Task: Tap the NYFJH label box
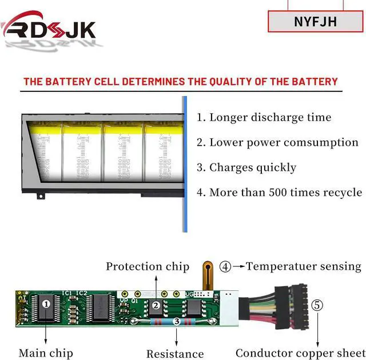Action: [x=315, y=22]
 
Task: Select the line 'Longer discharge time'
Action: [x=264, y=118]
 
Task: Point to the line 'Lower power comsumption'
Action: [x=277, y=143]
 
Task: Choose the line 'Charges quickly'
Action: [x=246, y=167]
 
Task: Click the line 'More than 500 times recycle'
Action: [x=279, y=193]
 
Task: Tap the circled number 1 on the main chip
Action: [x=46, y=305]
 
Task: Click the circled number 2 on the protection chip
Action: [x=156, y=306]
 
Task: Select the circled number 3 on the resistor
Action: [x=177, y=322]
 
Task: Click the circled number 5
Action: [x=317, y=305]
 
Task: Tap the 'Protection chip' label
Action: [x=148, y=267]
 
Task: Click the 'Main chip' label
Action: [x=46, y=353]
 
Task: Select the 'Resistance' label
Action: [x=175, y=354]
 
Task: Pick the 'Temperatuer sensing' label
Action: [x=304, y=266]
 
